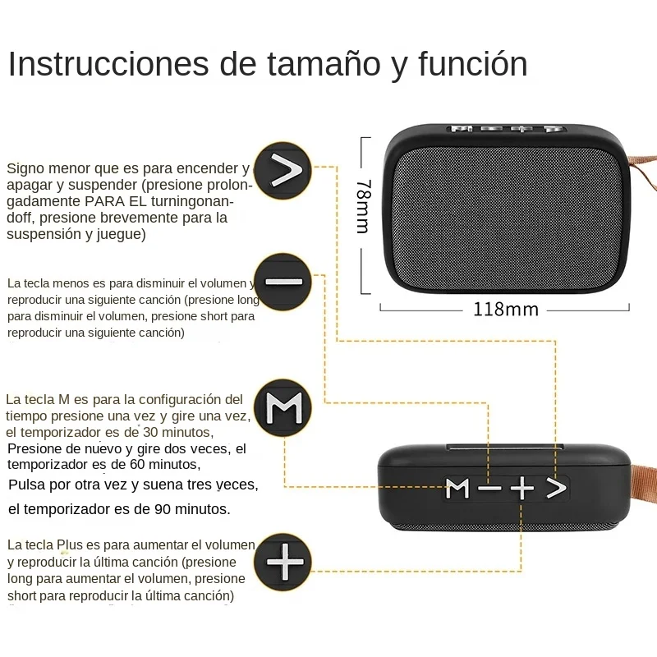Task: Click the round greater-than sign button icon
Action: (x=283, y=171)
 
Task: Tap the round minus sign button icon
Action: (x=283, y=282)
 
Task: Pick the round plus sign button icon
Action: (x=283, y=562)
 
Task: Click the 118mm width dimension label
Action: (x=505, y=310)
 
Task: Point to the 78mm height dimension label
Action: (x=362, y=207)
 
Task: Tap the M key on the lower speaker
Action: (x=457, y=489)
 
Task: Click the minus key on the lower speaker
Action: (x=489, y=489)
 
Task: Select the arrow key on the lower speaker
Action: (x=557, y=489)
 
